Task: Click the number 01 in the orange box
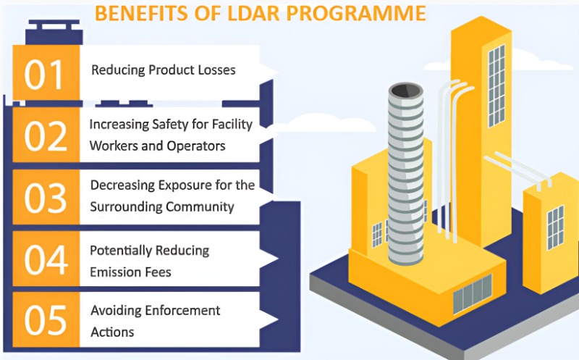tap(43, 75)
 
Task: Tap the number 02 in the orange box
tap(46, 136)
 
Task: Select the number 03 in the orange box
tap(46, 198)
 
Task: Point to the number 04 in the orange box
tap(46, 259)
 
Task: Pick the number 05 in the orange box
tap(46, 320)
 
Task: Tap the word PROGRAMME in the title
tap(356, 13)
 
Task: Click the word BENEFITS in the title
tap(141, 13)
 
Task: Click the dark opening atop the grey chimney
tap(406, 90)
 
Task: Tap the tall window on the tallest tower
tap(496, 85)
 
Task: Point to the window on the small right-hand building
tap(555, 228)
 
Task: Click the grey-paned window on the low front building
tap(473, 294)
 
